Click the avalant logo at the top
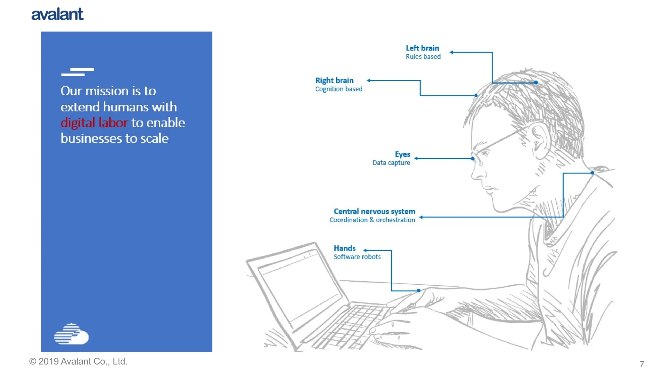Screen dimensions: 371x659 57,14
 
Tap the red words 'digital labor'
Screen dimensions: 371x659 94,123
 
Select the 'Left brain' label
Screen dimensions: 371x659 422,48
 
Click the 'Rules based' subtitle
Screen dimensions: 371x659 423,57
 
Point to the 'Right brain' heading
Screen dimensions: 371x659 334,81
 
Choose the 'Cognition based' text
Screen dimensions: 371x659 339,89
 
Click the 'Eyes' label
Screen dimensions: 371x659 403,154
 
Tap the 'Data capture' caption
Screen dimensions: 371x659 391,163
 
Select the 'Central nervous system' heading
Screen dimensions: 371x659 374,212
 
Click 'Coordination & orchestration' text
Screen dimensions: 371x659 372,220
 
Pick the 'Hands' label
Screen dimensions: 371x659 345,248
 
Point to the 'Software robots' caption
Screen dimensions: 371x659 357,257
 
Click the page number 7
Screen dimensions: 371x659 642,364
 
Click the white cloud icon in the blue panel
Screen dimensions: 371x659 71,334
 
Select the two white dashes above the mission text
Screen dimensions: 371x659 77,72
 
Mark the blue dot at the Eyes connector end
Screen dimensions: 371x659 472,158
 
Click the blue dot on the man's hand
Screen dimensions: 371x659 419,290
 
